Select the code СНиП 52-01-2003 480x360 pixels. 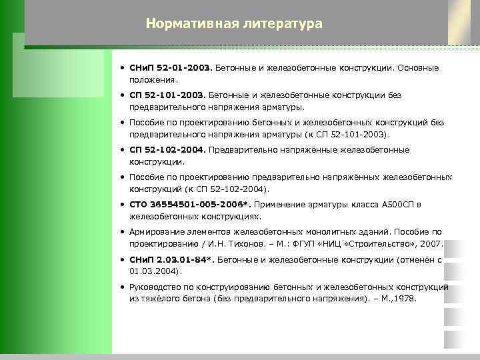[x=171, y=68]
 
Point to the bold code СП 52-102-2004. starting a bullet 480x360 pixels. [x=167, y=150]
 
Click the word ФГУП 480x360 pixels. [x=300, y=244]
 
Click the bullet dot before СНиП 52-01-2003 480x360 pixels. [x=123, y=68]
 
